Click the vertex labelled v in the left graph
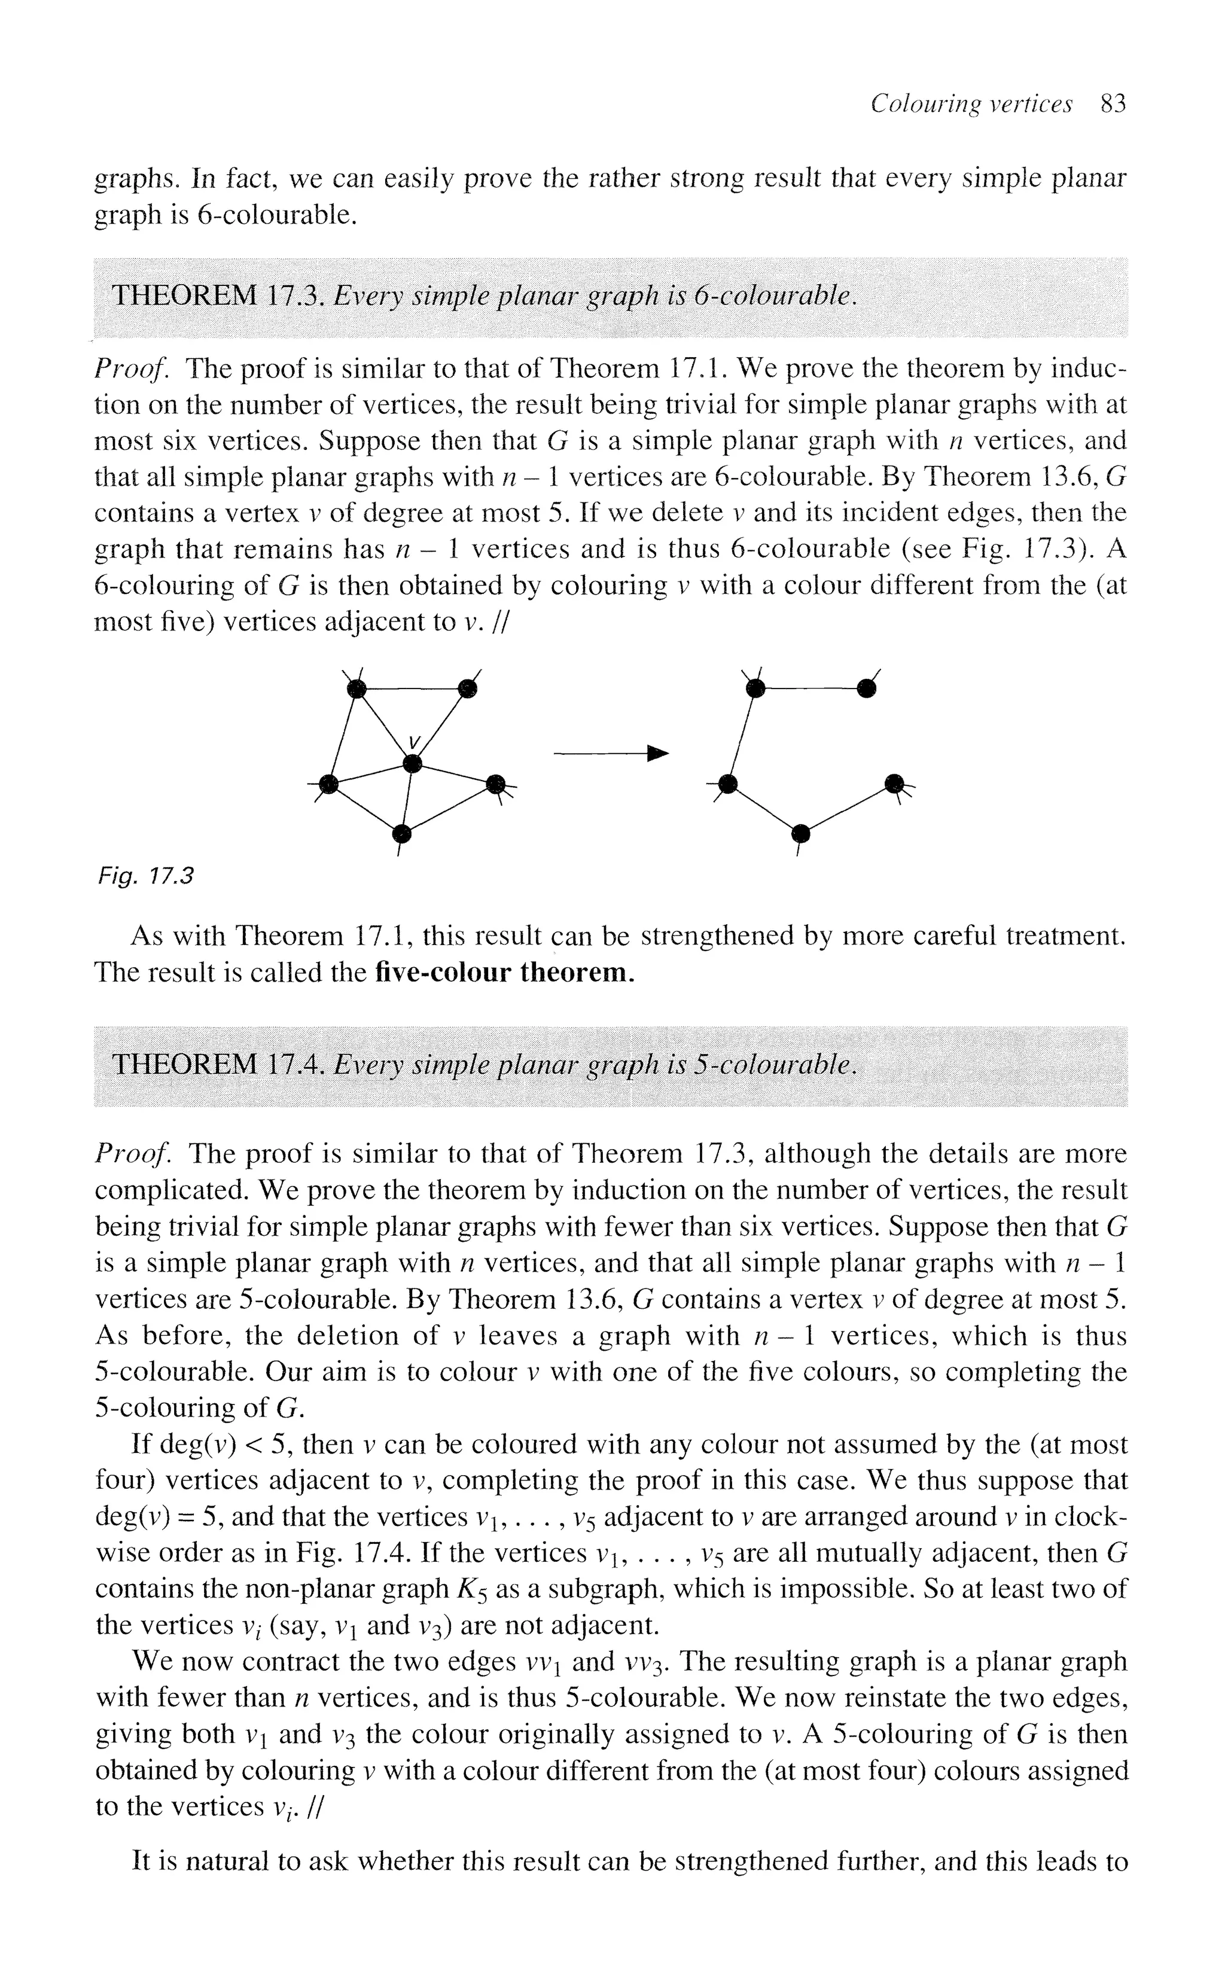coord(412,762)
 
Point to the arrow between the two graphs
coord(612,754)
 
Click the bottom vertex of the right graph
coord(800,832)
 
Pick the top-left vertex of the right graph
coord(755,688)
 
